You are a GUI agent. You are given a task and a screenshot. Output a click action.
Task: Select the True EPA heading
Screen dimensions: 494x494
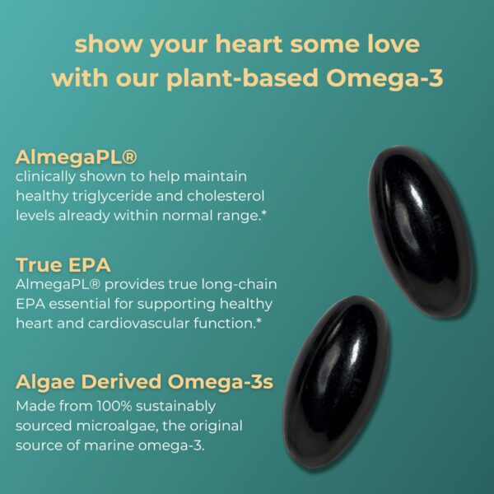pyautogui.click(x=63, y=265)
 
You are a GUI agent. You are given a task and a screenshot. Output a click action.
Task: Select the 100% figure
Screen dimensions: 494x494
pyautogui.click(x=115, y=406)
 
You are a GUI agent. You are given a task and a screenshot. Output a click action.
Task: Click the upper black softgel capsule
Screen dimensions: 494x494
pyautogui.click(x=420, y=227)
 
